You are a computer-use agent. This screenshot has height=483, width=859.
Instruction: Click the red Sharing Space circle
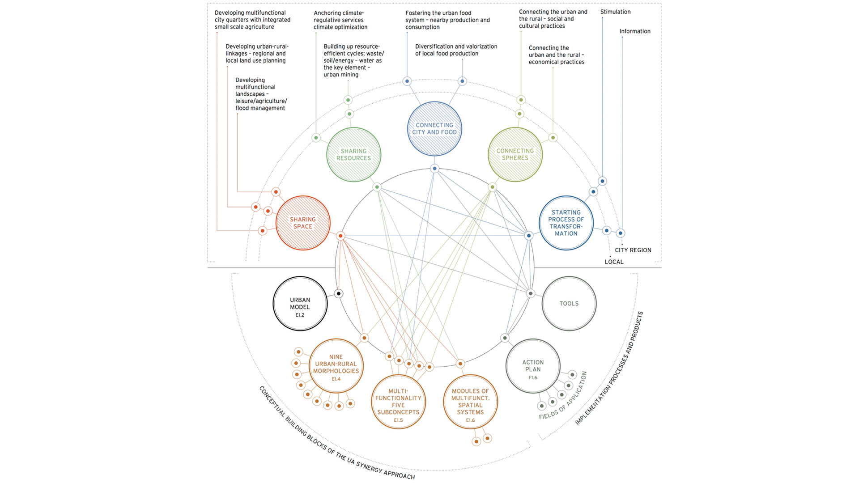pyautogui.click(x=303, y=223)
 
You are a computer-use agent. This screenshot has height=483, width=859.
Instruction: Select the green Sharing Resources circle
pyautogui.click(x=353, y=155)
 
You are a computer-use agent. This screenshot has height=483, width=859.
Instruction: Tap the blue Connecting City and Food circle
pyautogui.click(x=434, y=129)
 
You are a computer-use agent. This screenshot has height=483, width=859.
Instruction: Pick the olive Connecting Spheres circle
pyautogui.click(x=515, y=154)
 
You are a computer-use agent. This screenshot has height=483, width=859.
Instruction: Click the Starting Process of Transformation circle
pyautogui.click(x=566, y=223)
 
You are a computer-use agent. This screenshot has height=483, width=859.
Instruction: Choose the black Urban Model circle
pyautogui.click(x=300, y=304)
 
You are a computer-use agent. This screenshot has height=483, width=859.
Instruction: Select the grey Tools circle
pyautogui.click(x=569, y=303)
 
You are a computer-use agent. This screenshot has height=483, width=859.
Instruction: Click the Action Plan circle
pyautogui.click(x=533, y=366)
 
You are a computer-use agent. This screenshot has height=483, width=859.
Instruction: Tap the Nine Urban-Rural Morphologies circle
pyautogui.click(x=336, y=365)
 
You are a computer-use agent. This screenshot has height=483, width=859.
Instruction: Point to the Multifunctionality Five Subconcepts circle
pyautogui.click(x=398, y=402)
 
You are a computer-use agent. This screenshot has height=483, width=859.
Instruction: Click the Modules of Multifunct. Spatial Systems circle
pyautogui.click(x=470, y=402)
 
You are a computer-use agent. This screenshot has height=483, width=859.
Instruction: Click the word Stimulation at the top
pyautogui.click(x=615, y=12)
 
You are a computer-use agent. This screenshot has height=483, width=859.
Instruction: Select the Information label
pyautogui.click(x=634, y=31)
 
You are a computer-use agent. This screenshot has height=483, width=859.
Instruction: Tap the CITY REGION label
pyautogui.click(x=633, y=250)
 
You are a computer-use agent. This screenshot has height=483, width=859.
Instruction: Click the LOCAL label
pyautogui.click(x=613, y=262)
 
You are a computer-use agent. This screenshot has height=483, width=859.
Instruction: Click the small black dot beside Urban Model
pyautogui.click(x=339, y=294)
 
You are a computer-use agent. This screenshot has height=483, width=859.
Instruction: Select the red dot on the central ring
pyautogui.click(x=340, y=236)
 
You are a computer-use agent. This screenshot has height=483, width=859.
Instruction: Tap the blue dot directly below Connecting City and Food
pyautogui.click(x=434, y=169)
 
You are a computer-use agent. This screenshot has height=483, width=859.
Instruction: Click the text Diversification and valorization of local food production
pyautogui.click(x=455, y=50)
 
